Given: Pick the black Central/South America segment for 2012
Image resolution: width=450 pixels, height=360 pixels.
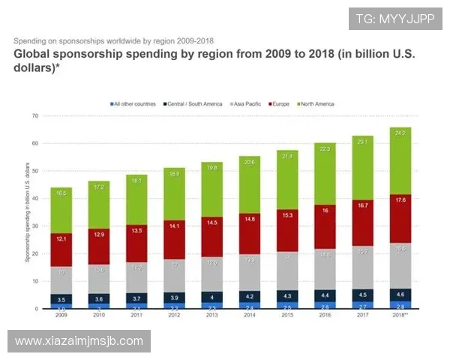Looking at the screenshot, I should [174, 297].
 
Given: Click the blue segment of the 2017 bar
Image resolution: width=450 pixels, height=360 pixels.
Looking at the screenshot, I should [361, 304].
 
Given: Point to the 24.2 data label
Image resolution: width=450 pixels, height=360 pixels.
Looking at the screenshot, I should [399, 133].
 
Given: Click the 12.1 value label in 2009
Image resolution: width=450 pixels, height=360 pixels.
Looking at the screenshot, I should [62, 238].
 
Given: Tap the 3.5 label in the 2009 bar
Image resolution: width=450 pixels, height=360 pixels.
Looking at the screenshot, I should [62, 298].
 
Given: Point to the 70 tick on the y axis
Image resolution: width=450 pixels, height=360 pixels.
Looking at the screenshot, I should [34, 116].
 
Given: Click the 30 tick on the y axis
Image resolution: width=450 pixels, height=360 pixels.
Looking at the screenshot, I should [34, 226].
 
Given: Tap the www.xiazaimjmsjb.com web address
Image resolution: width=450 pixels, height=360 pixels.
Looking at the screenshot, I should [79, 341].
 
